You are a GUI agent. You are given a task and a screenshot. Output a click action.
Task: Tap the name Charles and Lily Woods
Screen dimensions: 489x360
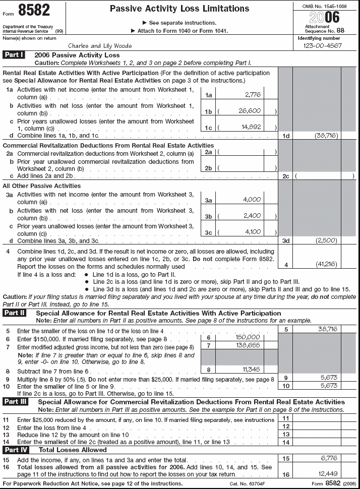coord(100,45)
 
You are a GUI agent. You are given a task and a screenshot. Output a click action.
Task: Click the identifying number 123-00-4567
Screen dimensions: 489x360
coord(322,45)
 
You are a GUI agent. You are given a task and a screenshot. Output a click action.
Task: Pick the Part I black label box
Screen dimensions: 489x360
coord(14,54)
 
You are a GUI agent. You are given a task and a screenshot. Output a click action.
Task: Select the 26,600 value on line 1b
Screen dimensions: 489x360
coord(250,110)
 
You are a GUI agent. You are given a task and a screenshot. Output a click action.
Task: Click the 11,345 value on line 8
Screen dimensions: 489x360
coord(251,369)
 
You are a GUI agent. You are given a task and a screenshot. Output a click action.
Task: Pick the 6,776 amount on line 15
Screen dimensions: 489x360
coord(328,457)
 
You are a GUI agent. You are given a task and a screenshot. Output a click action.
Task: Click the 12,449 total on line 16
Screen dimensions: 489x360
coord(327,474)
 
